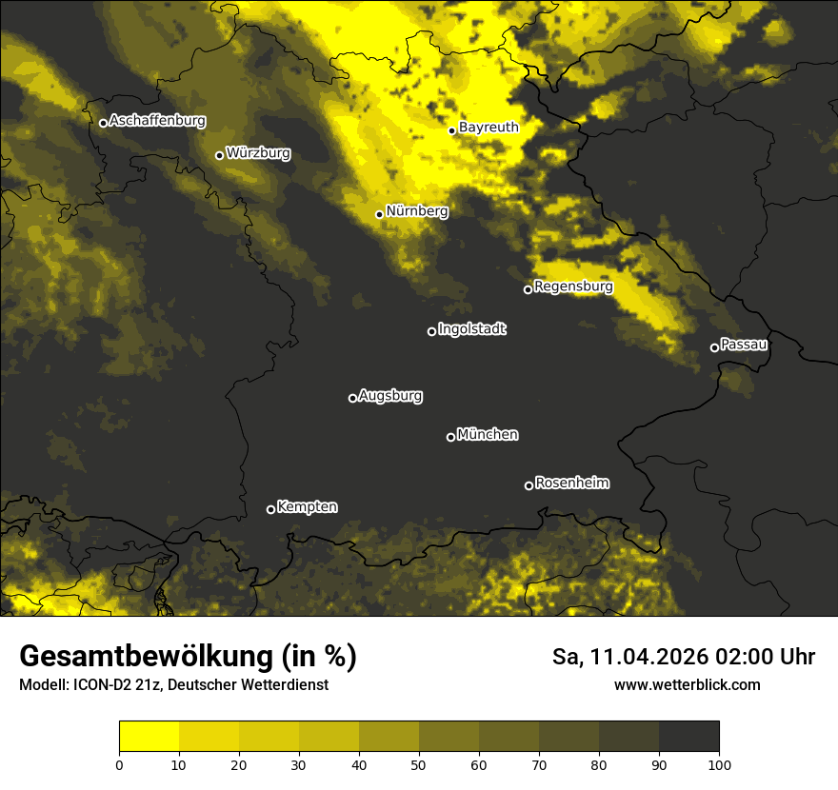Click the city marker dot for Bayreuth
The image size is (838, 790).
(x=452, y=131)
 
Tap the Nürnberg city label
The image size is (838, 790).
(x=417, y=211)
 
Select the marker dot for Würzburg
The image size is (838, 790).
(x=219, y=155)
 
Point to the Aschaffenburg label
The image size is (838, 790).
(x=157, y=121)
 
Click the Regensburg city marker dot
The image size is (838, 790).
(x=528, y=289)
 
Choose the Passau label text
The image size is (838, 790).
(x=744, y=345)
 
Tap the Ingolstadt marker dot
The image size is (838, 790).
(x=431, y=331)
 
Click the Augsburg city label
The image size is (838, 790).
(x=390, y=396)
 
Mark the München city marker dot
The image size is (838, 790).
(x=450, y=438)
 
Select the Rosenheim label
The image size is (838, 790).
(x=571, y=484)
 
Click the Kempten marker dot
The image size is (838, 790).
(x=270, y=509)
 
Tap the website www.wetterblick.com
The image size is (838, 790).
(x=687, y=685)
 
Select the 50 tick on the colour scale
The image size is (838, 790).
(x=419, y=764)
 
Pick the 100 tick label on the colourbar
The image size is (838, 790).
(x=719, y=764)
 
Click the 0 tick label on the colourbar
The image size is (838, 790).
(x=119, y=764)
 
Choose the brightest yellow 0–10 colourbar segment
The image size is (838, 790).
(x=149, y=737)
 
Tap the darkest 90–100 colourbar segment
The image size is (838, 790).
(x=688, y=737)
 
